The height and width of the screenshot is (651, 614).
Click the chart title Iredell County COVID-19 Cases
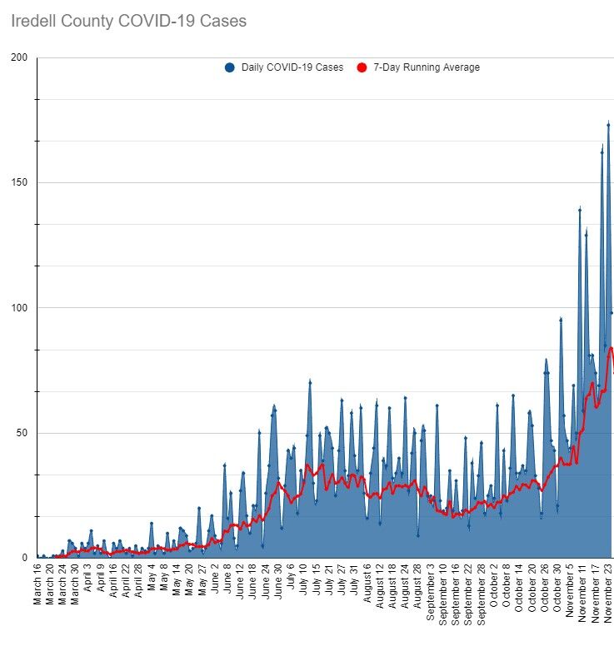point(129,21)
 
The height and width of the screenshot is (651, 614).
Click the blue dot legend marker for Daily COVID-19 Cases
point(230,67)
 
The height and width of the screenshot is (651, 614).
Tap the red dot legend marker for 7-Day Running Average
point(362,67)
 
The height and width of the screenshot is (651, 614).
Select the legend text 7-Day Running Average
point(426,67)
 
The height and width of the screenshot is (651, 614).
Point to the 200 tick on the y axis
point(19,57)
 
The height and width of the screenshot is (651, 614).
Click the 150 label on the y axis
point(19,182)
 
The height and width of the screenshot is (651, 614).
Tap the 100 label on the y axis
point(19,308)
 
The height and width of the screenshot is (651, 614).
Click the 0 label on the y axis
point(26,558)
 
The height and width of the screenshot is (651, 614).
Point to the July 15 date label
point(317,586)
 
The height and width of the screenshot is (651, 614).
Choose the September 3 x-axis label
point(431,594)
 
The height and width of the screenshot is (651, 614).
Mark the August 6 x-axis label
point(367,590)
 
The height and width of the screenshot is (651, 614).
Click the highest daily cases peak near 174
point(608,124)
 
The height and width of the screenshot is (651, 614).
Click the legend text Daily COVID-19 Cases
point(292,67)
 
